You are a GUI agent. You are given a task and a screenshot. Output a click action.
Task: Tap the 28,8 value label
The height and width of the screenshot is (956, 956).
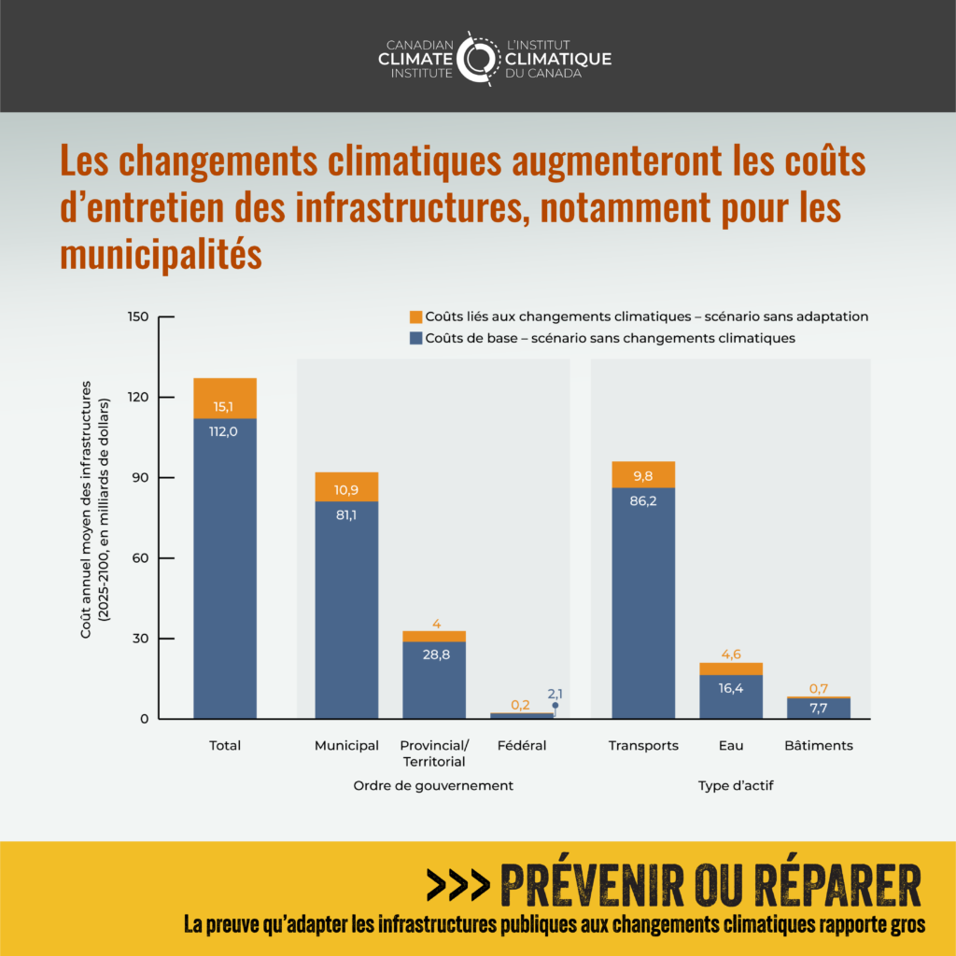coord(435,654)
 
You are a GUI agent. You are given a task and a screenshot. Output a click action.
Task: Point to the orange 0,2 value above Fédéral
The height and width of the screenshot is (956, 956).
coord(521,705)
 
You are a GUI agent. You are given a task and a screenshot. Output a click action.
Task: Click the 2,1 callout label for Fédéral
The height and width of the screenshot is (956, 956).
coord(555,694)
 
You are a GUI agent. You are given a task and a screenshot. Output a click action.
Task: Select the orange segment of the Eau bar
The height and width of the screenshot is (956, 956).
coord(731,668)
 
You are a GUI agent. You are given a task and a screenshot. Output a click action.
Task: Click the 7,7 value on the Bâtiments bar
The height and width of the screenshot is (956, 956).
coord(819,709)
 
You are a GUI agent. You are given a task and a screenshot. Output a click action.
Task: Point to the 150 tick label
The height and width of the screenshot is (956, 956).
coord(137,316)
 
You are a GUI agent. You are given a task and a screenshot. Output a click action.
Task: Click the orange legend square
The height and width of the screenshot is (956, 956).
coord(415,316)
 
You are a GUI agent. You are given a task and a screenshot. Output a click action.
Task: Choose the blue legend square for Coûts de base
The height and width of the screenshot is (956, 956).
coord(415,338)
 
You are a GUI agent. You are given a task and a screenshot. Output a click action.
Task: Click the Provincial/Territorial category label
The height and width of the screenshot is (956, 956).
coord(434,753)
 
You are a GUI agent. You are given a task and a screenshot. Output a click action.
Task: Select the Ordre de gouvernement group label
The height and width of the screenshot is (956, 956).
coord(433,785)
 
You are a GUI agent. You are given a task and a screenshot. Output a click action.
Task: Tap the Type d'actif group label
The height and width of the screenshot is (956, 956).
coord(736,785)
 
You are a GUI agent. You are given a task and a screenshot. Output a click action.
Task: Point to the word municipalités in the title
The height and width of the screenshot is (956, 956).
coord(161,254)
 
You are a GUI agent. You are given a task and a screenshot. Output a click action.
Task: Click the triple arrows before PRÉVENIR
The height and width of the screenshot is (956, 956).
coord(457,884)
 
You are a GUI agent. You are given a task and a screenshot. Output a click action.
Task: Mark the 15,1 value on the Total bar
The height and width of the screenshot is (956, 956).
coord(224,406)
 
